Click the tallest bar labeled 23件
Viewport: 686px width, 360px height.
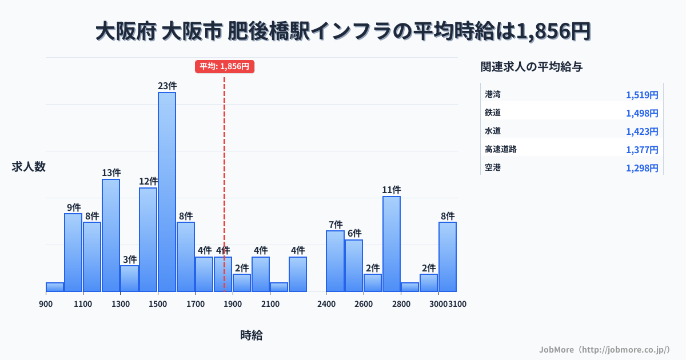tap(167, 191)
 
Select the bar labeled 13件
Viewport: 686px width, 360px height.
tap(111, 235)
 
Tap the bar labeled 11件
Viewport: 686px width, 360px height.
tap(392, 243)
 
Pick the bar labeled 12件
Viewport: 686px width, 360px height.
tap(148, 239)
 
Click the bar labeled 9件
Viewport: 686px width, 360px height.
tap(73, 252)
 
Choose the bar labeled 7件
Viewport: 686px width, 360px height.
tap(336, 261)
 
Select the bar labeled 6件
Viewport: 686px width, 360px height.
tap(354, 265)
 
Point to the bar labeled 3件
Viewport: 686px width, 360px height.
tap(129, 278)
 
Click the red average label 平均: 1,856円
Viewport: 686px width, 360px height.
tap(224, 66)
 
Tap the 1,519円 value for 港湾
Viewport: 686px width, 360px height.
tap(642, 95)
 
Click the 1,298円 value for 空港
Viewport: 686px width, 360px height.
tap(642, 168)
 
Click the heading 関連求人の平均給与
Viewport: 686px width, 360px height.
tap(532, 67)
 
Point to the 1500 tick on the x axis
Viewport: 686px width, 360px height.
tap(158, 304)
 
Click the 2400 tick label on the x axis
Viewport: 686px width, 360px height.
tap(326, 304)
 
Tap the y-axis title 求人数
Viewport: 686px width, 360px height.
tap(29, 167)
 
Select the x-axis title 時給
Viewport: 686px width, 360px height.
tap(252, 335)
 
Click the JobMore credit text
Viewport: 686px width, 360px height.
tap(604, 349)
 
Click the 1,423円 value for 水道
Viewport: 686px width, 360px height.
tap(642, 131)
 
